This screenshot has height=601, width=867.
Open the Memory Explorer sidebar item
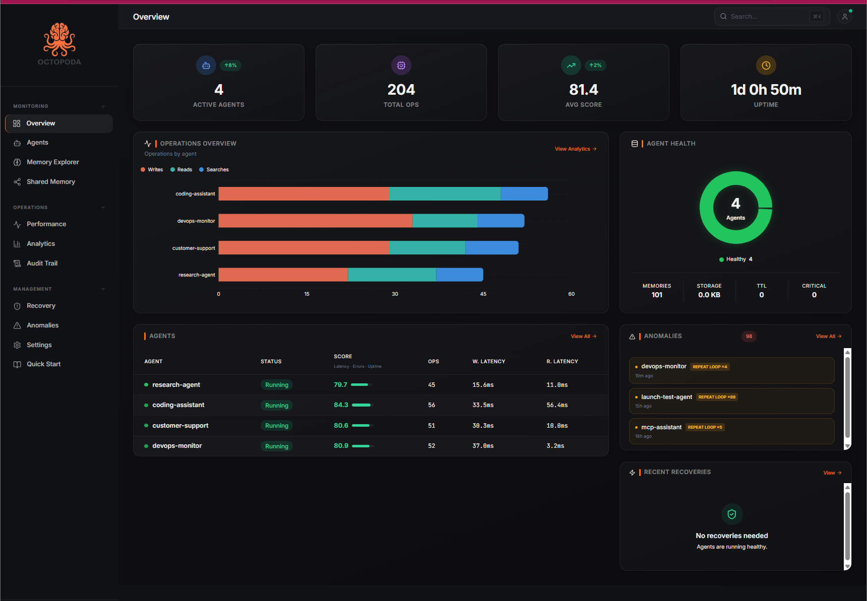click(52, 162)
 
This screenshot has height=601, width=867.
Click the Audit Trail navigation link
click(42, 263)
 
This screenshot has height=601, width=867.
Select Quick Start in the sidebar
click(43, 364)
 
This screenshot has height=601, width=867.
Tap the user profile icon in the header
click(845, 17)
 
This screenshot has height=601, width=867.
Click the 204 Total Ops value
click(401, 90)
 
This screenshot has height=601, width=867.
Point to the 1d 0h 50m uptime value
click(766, 90)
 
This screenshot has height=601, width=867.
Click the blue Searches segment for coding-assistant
click(524, 194)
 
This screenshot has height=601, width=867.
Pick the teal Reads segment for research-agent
click(392, 275)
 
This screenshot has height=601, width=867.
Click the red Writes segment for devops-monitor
click(315, 221)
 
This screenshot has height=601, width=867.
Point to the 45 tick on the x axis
click(483, 294)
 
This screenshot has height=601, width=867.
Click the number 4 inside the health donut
click(735, 204)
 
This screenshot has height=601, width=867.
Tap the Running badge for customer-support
click(277, 426)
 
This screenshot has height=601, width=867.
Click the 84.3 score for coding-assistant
click(341, 405)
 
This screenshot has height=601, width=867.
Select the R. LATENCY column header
click(562, 362)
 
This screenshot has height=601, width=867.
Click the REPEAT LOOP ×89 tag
click(716, 397)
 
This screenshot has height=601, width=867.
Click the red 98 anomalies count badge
click(749, 337)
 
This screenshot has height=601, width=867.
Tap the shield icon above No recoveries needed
click(731, 514)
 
